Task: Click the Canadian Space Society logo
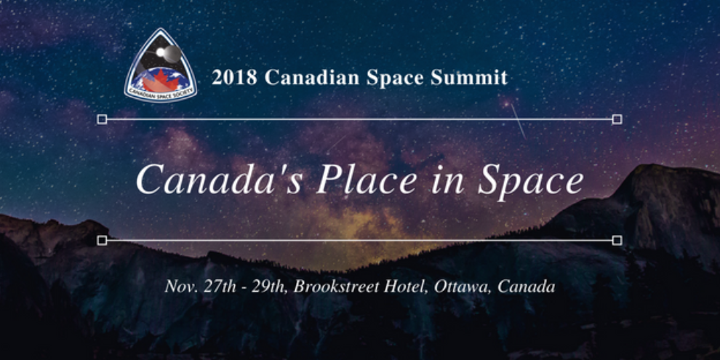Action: (161, 67)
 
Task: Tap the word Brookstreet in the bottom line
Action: (337, 286)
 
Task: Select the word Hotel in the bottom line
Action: (407, 286)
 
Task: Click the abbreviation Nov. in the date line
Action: (179, 286)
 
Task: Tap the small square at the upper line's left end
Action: (102, 119)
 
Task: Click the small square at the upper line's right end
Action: (617, 119)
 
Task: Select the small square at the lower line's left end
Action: (102, 240)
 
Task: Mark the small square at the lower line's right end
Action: (617, 240)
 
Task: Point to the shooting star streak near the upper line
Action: (518, 121)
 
